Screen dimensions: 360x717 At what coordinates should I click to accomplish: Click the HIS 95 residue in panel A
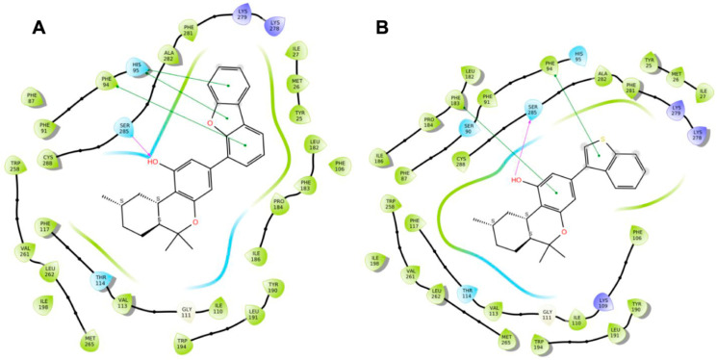(138, 68)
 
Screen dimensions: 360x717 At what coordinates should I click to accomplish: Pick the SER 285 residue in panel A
(124, 129)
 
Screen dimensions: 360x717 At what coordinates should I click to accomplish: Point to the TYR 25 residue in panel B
(652, 63)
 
